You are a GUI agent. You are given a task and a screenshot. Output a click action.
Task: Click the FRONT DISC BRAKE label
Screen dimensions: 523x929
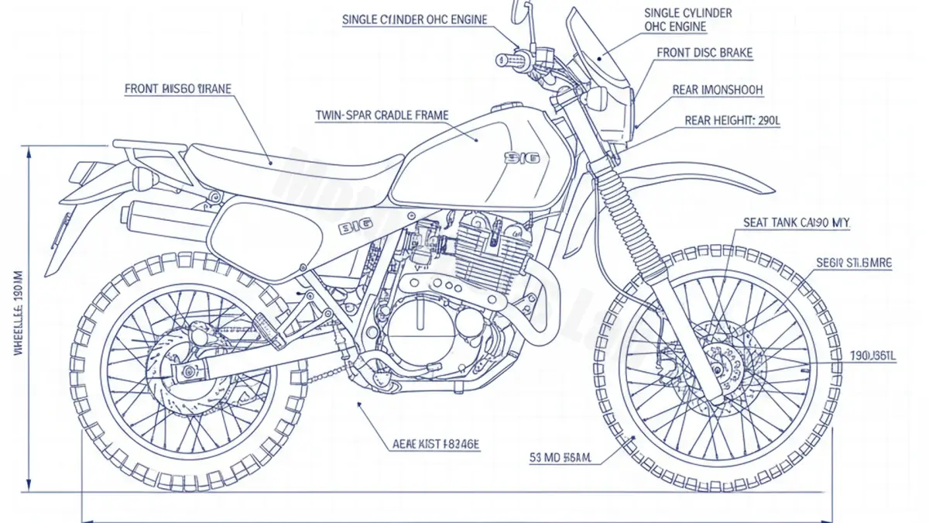coord(704,53)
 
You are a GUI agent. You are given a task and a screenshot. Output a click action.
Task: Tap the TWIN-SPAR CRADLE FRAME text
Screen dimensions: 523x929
coord(382,115)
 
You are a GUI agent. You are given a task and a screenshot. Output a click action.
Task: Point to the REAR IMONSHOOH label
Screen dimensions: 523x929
coord(717,90)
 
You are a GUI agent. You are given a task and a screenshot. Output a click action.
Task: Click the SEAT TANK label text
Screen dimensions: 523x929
coord(797,222)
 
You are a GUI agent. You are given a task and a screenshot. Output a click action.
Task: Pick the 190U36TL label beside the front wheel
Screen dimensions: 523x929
coord(872,356)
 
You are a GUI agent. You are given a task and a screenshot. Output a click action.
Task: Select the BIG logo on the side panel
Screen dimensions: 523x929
coord(355,228)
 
